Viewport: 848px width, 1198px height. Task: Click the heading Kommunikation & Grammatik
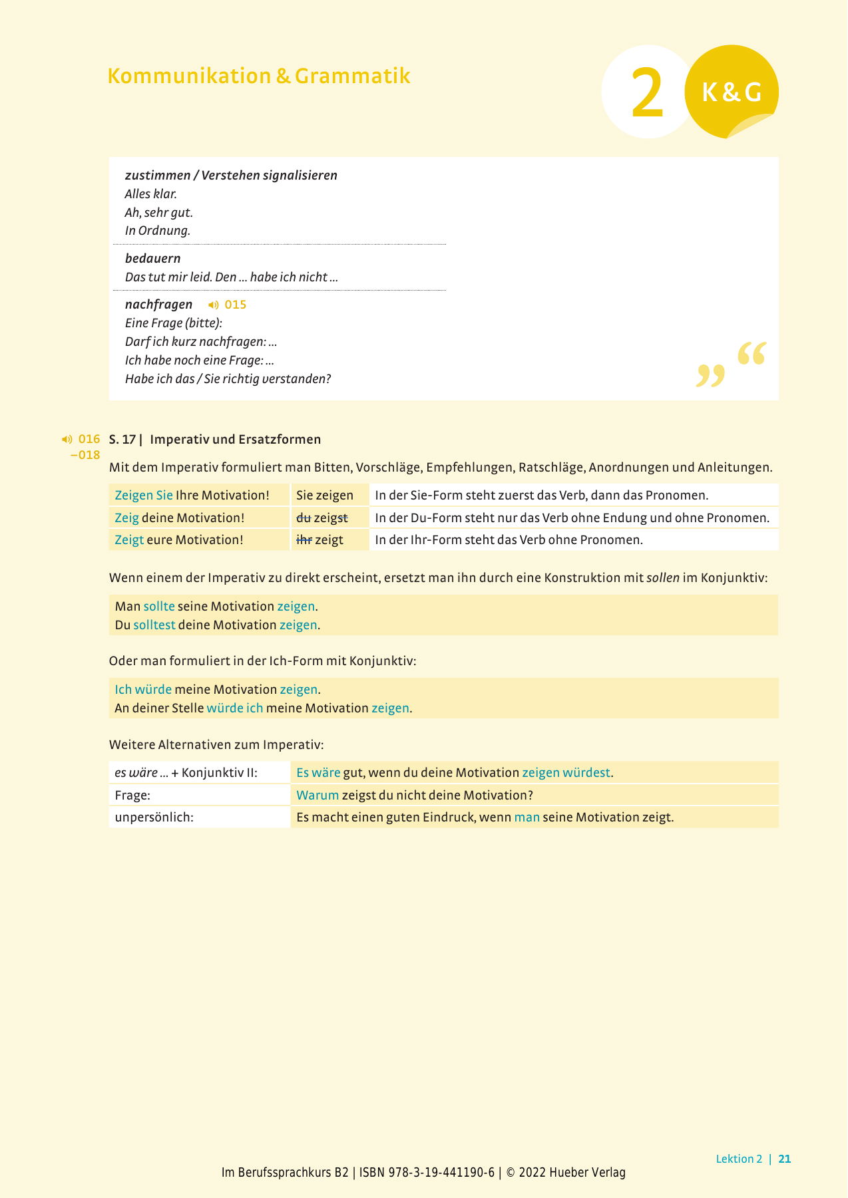tap(258, 76)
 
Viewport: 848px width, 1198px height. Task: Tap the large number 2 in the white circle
tap(647, 94)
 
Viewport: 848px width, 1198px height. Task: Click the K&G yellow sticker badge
tap(732, 92)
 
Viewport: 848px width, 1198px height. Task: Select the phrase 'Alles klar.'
tap(151, 194)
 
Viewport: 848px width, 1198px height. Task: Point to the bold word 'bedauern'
tap(153, 258)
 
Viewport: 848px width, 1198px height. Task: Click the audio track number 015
tap(236, 305)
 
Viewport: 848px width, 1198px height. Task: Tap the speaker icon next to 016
tap(67, 440)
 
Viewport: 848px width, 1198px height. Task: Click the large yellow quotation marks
tap(731, 365)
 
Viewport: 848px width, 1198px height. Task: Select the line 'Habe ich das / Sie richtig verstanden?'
tap(228, 379)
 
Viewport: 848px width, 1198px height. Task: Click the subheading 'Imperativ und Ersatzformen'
tap(236, 440)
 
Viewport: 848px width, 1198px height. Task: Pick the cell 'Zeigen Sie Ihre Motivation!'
tap(192, 496)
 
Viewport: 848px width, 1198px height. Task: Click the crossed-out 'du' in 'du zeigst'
tap(304, 518)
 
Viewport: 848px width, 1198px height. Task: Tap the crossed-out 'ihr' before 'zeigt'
tap(304, 540)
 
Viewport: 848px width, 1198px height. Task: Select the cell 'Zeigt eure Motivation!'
tap(179, 540)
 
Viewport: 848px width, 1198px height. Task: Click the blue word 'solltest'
tap(154, 625)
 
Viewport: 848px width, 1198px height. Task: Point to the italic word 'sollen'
tap(663, 578)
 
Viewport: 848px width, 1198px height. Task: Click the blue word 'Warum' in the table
tap(318, 796)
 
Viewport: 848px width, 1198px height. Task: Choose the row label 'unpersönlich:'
tap(154, 818)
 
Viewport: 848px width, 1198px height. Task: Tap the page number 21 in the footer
tap(785, 1159)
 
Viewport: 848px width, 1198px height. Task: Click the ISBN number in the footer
tap(427, 1173)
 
